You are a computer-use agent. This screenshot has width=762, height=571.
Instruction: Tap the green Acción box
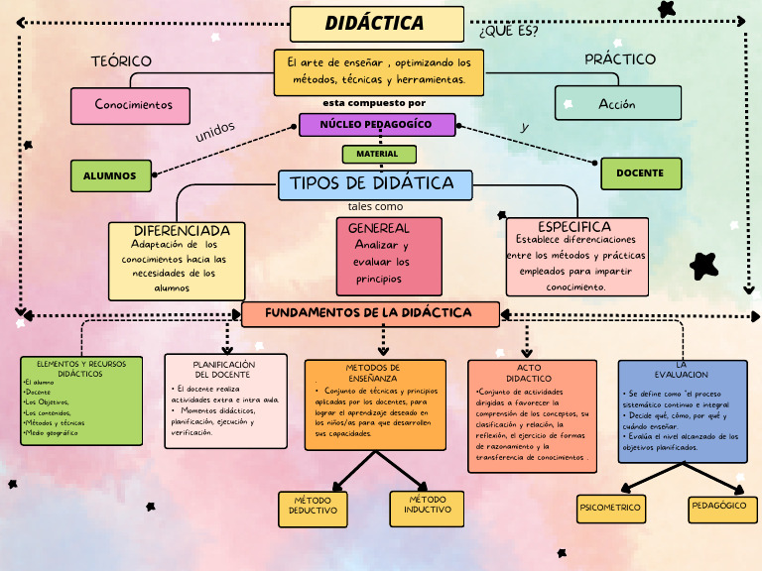616,103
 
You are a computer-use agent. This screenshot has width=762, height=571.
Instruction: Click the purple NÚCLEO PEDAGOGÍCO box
377,125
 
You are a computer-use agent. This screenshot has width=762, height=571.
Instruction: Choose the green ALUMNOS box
110,175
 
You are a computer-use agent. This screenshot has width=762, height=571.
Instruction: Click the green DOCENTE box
641,173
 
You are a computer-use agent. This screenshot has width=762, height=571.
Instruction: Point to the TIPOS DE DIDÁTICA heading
375,183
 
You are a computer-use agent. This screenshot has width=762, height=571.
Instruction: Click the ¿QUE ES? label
508,31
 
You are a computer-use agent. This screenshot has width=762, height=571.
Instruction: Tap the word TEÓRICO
121,61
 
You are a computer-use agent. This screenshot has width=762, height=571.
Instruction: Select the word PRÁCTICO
619,59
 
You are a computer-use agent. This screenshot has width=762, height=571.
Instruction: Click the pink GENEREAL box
388,256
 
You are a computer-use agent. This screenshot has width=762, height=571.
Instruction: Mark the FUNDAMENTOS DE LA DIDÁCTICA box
369,313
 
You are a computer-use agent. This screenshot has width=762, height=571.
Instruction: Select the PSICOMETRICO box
610,508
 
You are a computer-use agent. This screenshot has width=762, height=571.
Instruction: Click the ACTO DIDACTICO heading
528,373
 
